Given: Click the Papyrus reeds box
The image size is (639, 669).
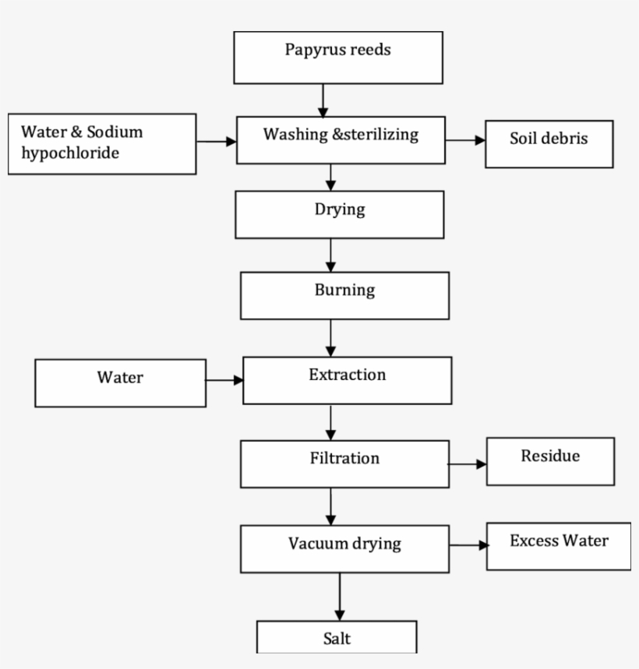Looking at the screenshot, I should pos(338,58).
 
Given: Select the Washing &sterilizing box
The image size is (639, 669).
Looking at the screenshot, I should pos(341,140).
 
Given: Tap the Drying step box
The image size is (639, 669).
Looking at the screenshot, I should pos(340,215).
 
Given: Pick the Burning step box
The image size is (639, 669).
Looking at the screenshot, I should pos(344,296).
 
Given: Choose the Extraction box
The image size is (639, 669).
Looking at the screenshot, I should pos(347,380).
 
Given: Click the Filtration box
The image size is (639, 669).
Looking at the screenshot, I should pos(344,464).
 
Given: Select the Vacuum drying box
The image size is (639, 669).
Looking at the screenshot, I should pos(344,548).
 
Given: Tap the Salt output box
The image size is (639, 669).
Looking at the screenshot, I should pos(337,637).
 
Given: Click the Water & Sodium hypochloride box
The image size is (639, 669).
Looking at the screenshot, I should pos(101,144).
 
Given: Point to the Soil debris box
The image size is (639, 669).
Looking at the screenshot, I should pos(549,144).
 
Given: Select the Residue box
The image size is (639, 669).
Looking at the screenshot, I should pos(550,461).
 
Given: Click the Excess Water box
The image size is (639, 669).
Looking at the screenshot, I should pos(559,546).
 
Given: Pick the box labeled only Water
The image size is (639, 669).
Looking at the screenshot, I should pos(120,383).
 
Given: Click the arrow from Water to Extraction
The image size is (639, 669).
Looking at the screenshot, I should pos(224,381).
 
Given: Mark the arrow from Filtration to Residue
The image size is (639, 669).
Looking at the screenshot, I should pos(468,463).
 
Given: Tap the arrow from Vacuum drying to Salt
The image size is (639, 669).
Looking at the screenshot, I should pos(339,597).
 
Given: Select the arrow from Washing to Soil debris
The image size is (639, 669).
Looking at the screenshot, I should pos(465,141).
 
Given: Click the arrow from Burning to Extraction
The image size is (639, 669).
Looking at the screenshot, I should pos(331,337).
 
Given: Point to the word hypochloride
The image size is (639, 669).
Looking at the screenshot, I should pos(70,153).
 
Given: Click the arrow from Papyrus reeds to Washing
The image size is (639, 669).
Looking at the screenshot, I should pos(322,100).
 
